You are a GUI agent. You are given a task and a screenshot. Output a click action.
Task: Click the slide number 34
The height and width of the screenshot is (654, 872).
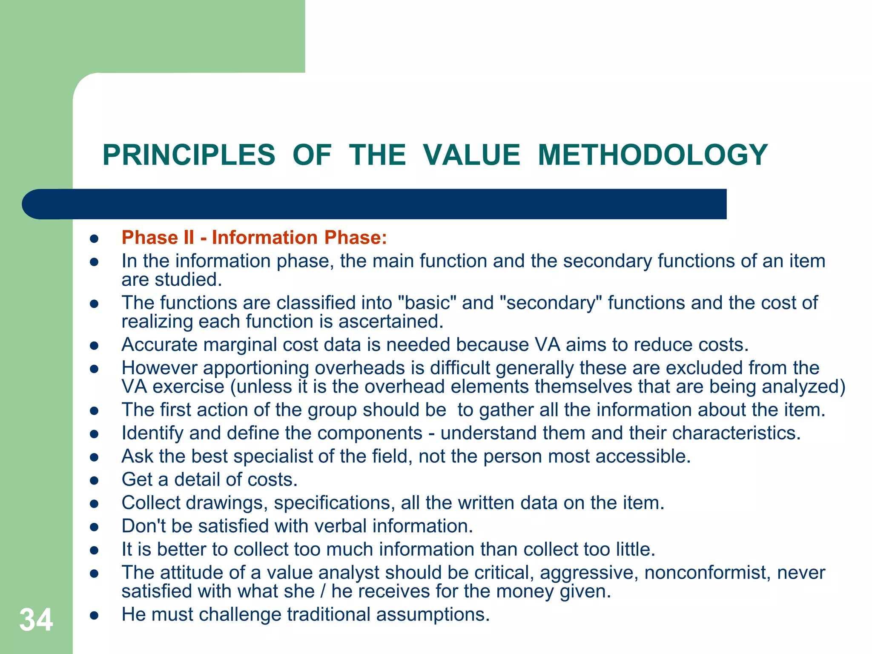pos(36,620)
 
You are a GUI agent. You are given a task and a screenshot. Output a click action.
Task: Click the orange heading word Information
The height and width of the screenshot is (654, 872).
pos(264,238)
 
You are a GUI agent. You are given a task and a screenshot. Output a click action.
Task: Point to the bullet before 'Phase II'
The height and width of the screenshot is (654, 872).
pos(95,238)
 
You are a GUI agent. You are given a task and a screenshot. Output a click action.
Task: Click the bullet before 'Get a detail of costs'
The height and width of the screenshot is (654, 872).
pos(95,481)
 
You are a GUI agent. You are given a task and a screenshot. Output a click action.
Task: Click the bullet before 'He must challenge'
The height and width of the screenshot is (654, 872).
pos(95,616)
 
